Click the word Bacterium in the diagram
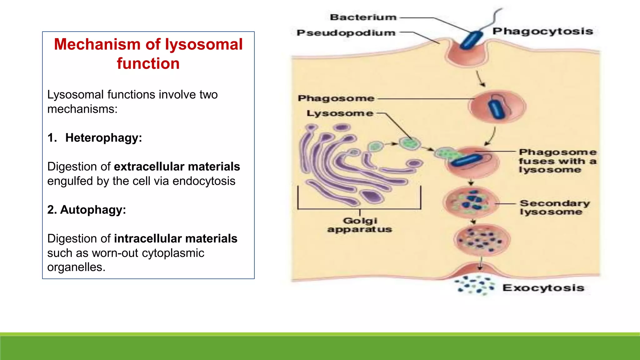[x=363, y=17]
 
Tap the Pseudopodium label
[x=346, y=33]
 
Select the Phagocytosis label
[x=543, y=31]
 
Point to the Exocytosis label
[x=543, y=288]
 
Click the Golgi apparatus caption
[x=360, y=225]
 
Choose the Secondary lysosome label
[x=554, y=207]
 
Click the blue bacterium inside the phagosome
[x=497, y=109]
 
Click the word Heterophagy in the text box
[x=103, y=138]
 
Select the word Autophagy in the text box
[x=92, y=210]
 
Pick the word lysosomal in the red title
[x=204, y=44]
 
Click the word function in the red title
[x=148, y=63]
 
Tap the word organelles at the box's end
[x=76, y=267]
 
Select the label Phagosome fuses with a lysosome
[x=557, y=161]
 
